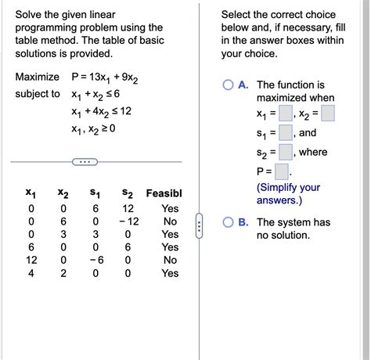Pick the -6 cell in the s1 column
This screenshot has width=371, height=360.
pos(95,261)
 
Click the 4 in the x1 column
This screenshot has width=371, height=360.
pos(31,274)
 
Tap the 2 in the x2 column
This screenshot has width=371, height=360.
pos(63,274)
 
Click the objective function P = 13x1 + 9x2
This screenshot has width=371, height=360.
pos(106,77)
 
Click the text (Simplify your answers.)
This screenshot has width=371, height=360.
pos(288,194)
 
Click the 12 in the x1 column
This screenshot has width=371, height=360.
pos(31,261)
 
